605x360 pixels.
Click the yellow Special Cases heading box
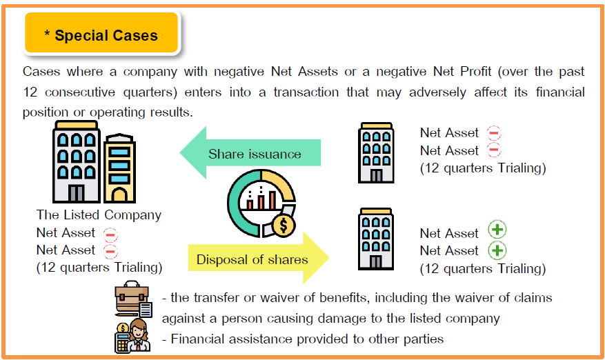click(x=101, y=32)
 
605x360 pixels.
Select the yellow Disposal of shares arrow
click(x=259, y=258)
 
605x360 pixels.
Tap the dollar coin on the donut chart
click(x=284, y=226)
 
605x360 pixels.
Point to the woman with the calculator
click(x=133, y=336)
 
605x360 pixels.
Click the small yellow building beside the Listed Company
click(x=119, y=168)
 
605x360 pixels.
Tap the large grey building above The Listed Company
click(x=77, y=161)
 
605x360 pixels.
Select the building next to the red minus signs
click(x=376, y=153)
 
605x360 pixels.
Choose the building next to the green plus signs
click(x=376, y=239)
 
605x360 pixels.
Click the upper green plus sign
click(x=497, y=230)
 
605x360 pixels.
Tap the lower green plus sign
click(x=497, y=250)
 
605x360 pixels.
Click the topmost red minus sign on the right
click(x=494, y=132)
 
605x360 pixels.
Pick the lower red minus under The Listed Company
click(x=110, y=251)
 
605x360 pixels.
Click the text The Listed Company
click(x=99, y=215)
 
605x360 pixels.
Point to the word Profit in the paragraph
click(x=476, y=72)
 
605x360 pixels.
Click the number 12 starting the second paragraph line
click(x=30, y=92)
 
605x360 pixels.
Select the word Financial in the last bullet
click(x=199, y=339)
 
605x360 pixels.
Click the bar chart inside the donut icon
click(x=261, y=197)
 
